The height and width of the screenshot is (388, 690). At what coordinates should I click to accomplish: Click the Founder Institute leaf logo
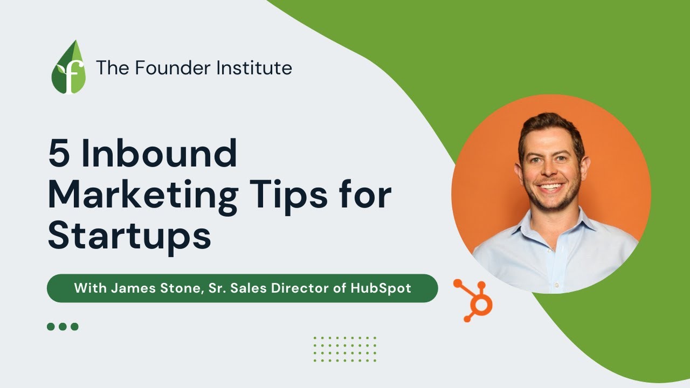(68, 68)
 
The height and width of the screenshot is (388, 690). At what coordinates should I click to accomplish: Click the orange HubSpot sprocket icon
(474, 300)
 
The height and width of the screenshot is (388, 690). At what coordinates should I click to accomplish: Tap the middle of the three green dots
(63, 327)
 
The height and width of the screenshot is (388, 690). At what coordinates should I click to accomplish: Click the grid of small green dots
(345, 349)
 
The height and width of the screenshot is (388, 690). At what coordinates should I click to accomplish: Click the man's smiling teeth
(551, 189)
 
